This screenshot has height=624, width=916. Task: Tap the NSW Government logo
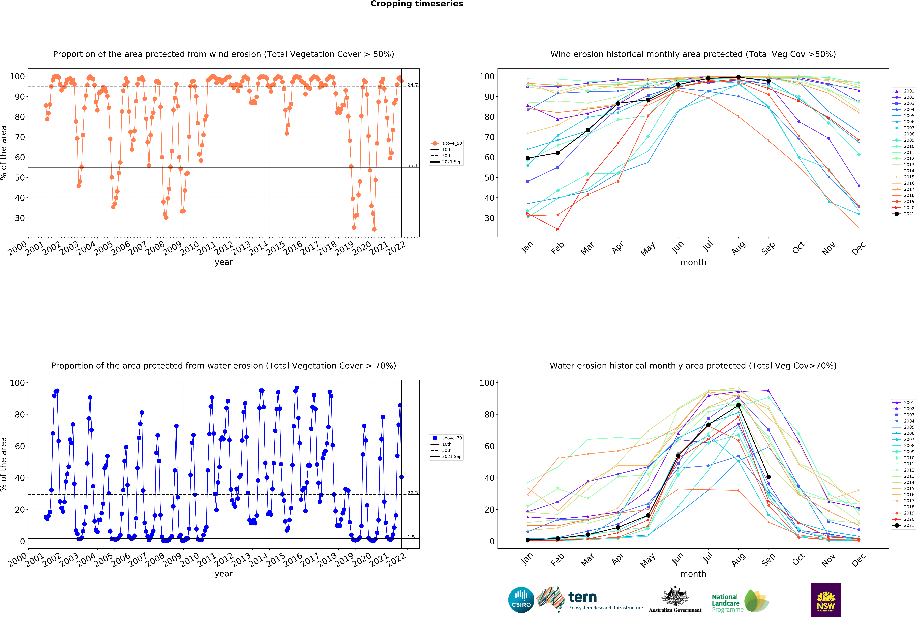click(826, 600)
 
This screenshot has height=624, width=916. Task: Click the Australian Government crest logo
click(675, 600)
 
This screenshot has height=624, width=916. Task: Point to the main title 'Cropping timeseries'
click(417, 4)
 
